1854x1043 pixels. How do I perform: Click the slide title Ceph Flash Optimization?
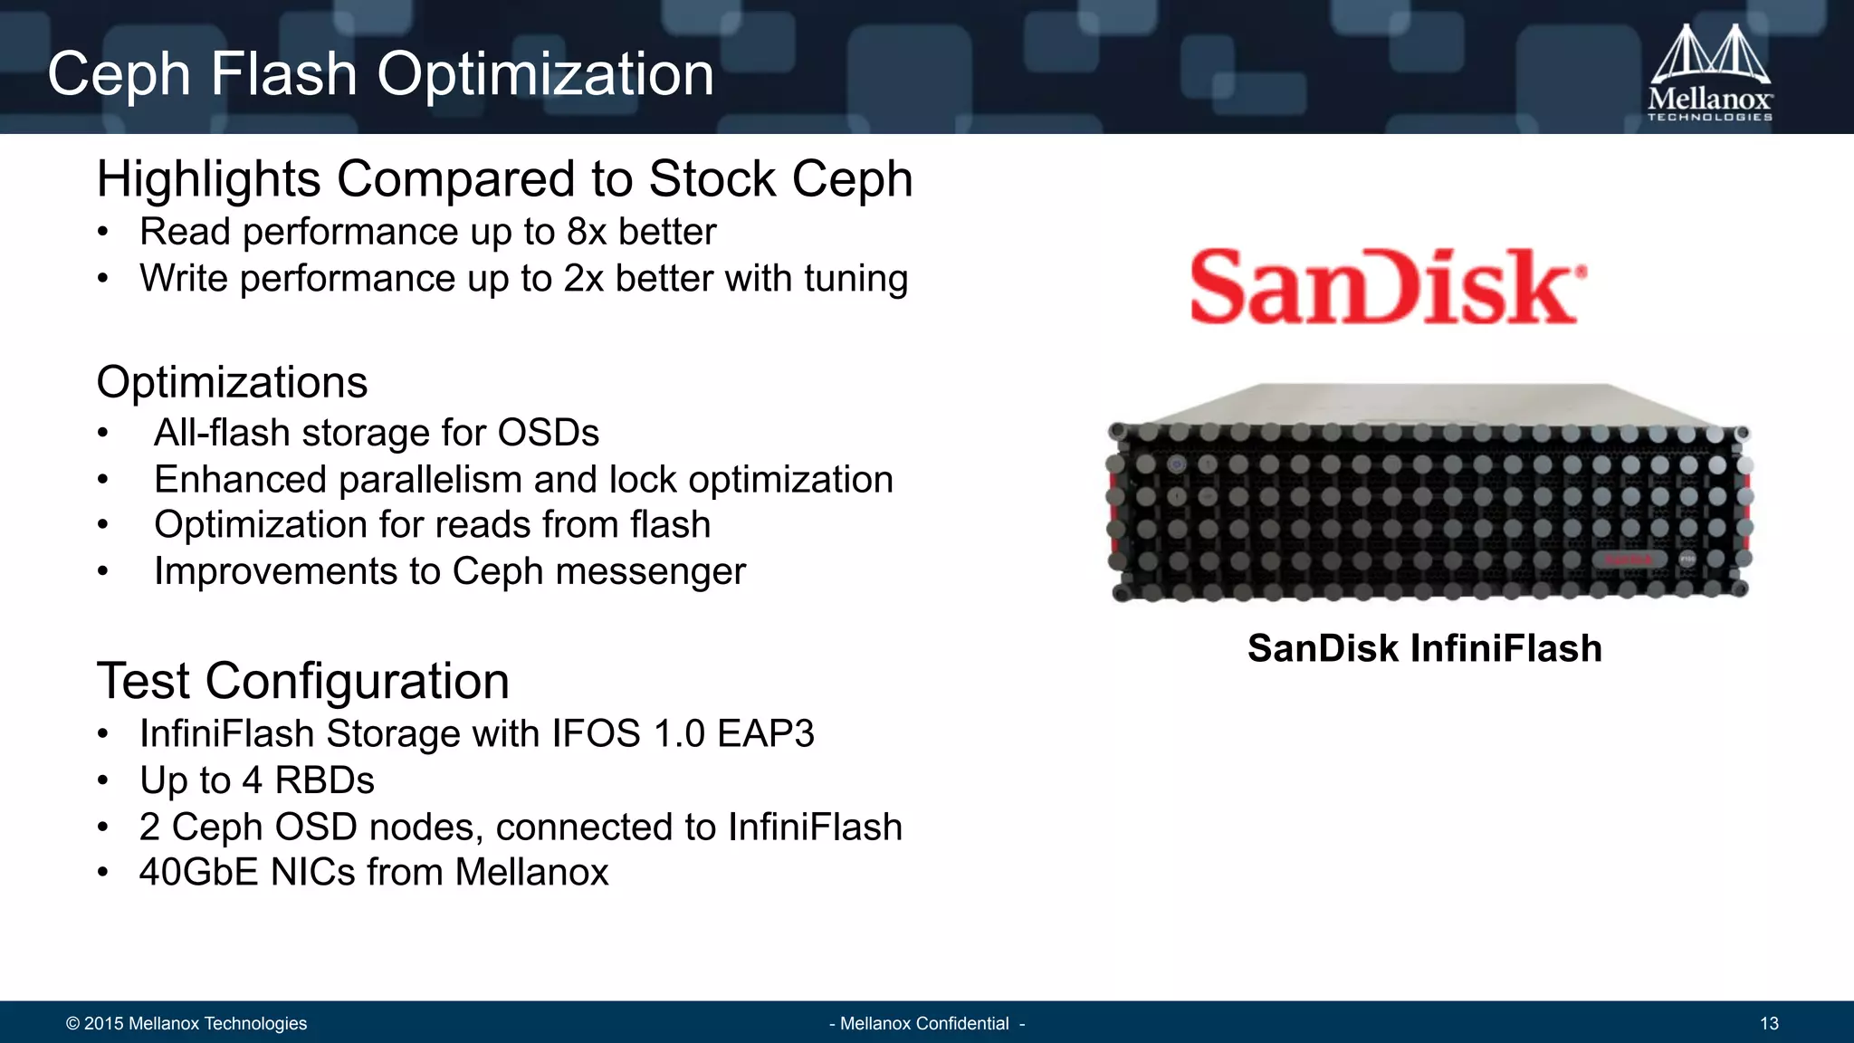[x=380, y=74]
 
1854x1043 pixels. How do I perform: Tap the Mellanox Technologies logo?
[x=1709, y=74]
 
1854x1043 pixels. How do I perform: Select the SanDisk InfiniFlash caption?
[x=1424, y=648]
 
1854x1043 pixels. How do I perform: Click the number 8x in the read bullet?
[x=586, y=232]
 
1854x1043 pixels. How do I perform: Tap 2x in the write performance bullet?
[x=583, y=279]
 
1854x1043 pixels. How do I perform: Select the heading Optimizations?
[x=232, y=382]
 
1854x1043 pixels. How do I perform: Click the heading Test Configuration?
[x=302, y=681]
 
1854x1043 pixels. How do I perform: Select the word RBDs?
[x=324, y=780]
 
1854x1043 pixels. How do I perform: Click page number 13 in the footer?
[x=1769, y=1023]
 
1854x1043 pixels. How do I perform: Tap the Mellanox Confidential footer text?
[x=925, y=1023]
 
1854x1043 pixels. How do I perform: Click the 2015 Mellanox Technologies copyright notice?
[x=186, y=1023]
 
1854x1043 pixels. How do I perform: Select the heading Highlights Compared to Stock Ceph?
[x=504, y=179]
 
